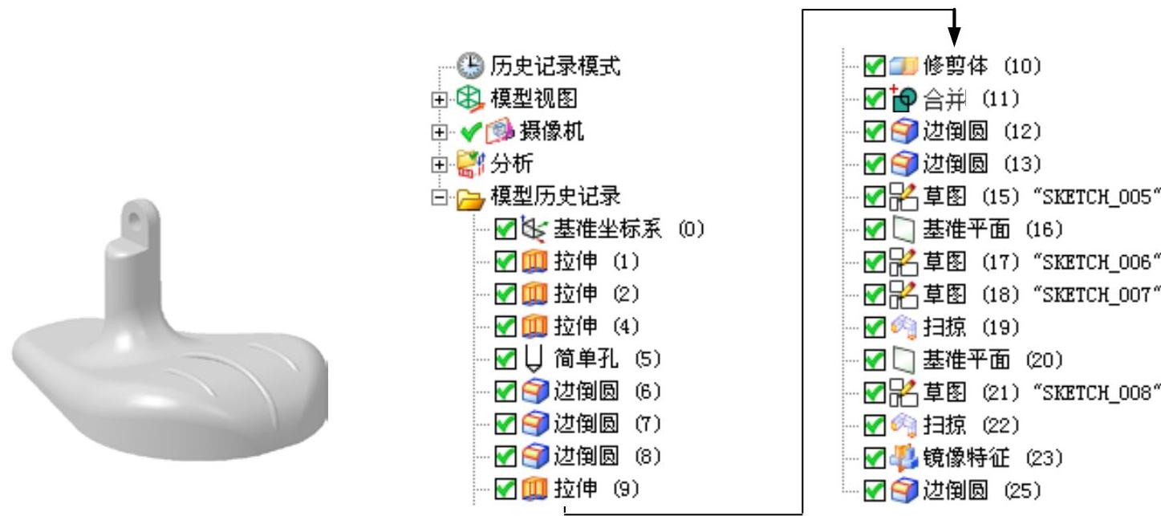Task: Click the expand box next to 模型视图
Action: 437,100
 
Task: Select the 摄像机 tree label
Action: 553,132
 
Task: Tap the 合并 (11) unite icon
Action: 899,98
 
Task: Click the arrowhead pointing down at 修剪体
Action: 954,35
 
